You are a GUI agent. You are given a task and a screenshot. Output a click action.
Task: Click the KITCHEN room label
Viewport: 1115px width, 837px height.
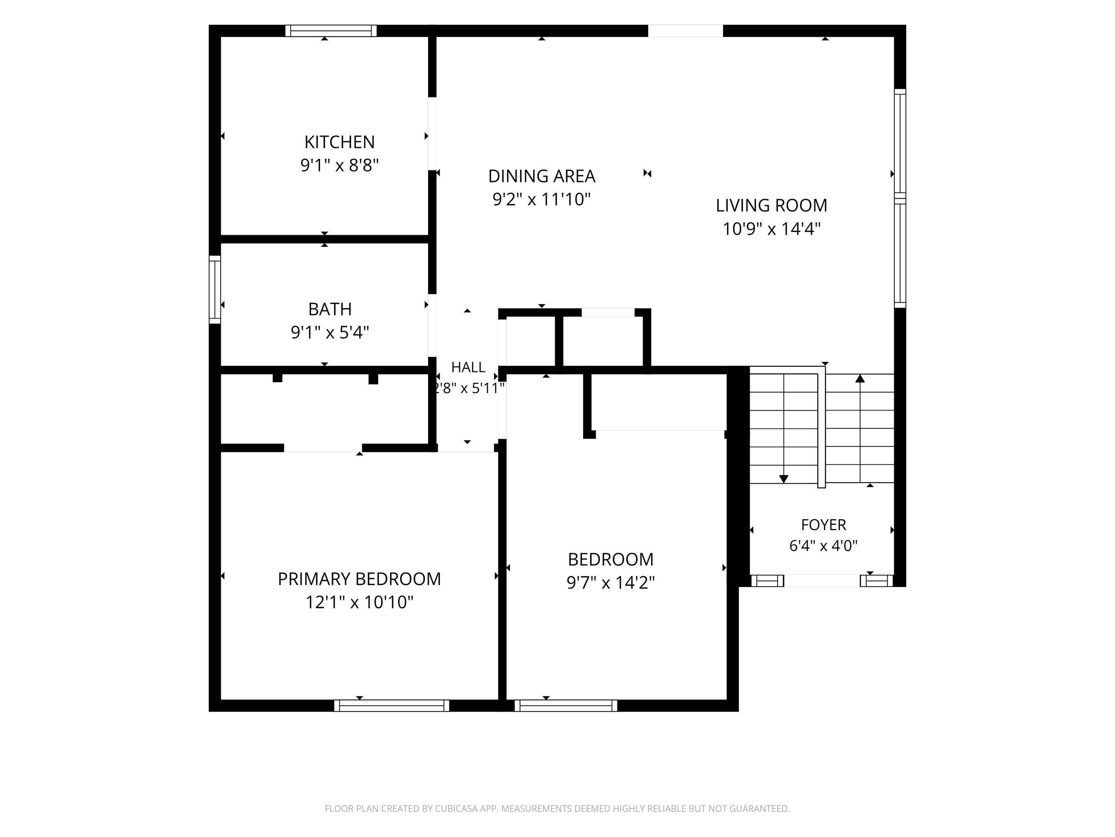339,142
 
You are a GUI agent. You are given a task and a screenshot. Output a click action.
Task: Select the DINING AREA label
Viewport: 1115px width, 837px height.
542,176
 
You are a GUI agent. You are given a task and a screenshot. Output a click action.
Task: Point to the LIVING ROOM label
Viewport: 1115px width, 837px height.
771,205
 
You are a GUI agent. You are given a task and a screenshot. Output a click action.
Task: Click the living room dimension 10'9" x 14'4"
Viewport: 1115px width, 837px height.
771,229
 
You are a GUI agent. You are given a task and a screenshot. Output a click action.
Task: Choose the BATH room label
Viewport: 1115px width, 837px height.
330,309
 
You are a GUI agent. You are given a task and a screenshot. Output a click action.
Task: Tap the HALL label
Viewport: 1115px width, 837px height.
468,367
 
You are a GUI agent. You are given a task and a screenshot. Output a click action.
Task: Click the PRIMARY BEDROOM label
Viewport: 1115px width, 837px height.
359,579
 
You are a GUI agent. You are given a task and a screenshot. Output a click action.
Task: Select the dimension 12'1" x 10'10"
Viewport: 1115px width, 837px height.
359,602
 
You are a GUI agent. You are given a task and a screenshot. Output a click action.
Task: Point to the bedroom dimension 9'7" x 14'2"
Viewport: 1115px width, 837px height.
610,583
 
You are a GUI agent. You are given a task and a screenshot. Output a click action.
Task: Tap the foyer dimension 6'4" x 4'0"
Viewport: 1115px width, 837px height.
824,546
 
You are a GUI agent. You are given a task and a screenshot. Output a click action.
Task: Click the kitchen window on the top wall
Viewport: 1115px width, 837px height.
331,31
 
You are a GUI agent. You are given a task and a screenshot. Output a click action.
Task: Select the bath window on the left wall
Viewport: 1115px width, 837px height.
215,289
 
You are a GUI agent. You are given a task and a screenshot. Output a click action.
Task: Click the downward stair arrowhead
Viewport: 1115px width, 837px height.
784,479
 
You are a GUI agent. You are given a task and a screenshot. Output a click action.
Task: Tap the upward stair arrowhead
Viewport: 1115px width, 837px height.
860,378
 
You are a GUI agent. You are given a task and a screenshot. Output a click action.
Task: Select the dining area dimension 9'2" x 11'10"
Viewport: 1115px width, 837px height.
542,199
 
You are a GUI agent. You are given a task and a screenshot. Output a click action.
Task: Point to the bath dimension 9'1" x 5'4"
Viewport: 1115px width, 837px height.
330,333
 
